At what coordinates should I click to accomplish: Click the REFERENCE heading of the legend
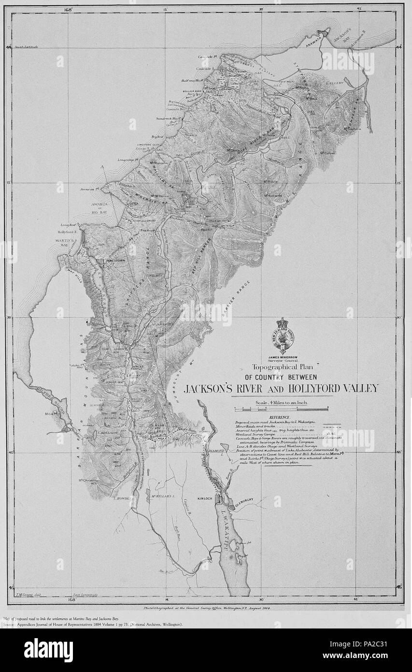(280, 417)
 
